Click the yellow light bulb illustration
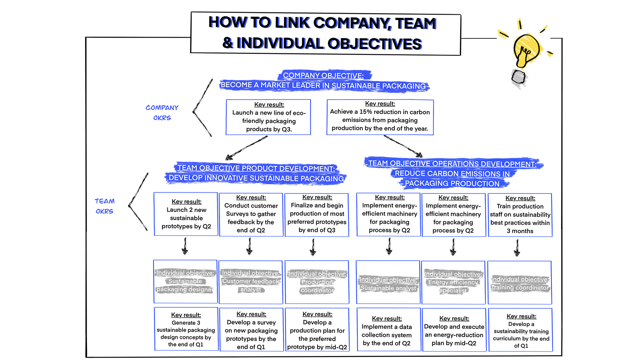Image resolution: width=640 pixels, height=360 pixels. click(x=526, y=50)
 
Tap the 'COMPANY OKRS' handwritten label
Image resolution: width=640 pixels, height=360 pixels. click(x=162, y=113)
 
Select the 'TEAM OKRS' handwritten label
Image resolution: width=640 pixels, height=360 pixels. click(x=104, y=206)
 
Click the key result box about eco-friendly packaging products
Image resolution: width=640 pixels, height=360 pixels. click(x=268, y=117)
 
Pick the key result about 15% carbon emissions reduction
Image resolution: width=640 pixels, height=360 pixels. click(x=380, y=117)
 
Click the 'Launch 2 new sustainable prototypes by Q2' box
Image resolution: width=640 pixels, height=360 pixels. click(x=186, y=214)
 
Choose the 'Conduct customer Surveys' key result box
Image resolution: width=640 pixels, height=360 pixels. click(x=251, y=214)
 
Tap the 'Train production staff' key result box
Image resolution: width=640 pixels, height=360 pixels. click(x=520, y=215)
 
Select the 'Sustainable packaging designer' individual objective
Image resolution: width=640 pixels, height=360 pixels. click(x=185, y=281)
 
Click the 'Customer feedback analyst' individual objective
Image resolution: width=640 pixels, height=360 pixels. click(x=251, y=282)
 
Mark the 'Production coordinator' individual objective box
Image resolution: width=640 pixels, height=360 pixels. click(x=317, y=282)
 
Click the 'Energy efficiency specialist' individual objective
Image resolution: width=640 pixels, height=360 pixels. click(x=453, y=282)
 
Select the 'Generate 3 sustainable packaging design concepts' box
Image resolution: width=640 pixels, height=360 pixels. click(x=186, y=329)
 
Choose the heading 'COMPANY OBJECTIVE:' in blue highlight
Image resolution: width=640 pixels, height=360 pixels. click(x=323, y=76)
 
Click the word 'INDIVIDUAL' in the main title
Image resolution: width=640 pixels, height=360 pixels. click(x=280, y=43)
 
